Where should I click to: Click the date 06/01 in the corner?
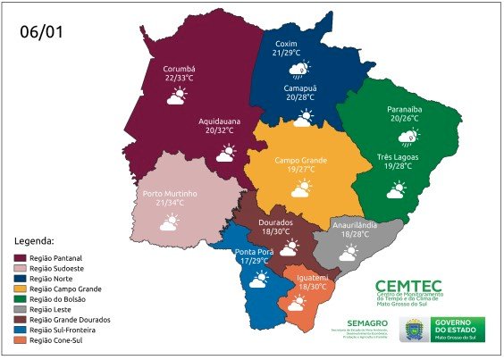click(42, 32)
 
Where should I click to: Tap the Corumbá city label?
click(181, 68)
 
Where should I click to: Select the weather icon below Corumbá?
click(176, 96)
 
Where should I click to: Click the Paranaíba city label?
click(408, 106)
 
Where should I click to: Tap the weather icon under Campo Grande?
click(299, 188)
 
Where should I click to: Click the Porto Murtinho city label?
click(169, 193)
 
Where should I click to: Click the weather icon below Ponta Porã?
click(258, 280)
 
